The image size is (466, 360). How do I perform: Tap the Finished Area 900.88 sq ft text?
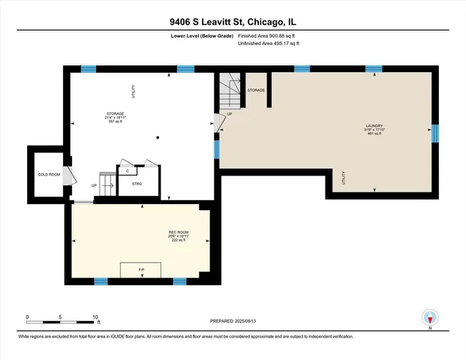269,35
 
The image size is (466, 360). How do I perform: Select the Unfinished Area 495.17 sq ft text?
269,44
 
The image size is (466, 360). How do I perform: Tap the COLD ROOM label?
49,175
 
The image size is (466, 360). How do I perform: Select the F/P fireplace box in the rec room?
141,269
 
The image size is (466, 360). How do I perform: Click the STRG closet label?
137,182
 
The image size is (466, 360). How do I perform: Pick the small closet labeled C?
128,170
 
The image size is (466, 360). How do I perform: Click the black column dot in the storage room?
158,137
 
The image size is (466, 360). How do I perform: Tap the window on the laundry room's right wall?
434,134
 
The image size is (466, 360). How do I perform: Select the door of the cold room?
68,175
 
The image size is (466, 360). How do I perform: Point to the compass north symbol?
429,316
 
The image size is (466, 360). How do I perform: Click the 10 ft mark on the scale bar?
96,316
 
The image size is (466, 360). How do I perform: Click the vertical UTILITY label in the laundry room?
344,178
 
